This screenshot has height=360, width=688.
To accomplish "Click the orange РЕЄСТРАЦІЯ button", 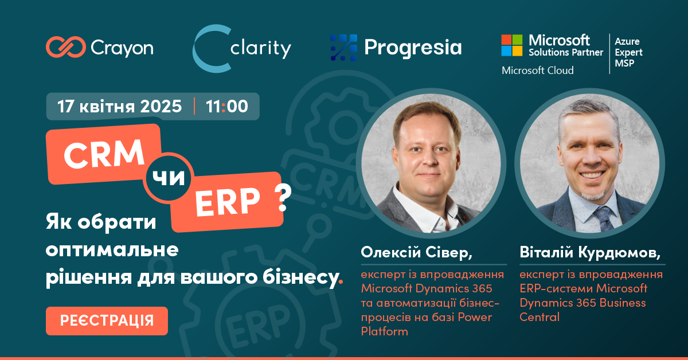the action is click(x=107, y=320).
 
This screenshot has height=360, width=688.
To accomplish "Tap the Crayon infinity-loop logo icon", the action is click(x=66, y=47).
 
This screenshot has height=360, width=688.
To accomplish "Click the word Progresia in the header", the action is click(x=413, y=48).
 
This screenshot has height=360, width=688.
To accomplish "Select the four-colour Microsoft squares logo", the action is click(x=511, y=45).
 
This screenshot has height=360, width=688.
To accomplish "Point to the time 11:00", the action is click(x=226, y=106).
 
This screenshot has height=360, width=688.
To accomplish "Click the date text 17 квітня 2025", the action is click(x=119, y=106).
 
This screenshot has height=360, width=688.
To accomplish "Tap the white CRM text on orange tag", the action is click(x=104, y=154).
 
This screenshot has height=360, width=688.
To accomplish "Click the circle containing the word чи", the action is click(x=169, y=178).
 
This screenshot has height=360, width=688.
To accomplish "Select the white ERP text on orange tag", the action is click(x=228, y=202).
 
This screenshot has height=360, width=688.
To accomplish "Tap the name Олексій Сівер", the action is click(x=416, y=252).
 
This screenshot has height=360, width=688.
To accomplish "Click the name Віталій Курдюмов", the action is click(x=590, y=252).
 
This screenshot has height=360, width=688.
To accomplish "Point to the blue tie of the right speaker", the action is click(x=603, y=219).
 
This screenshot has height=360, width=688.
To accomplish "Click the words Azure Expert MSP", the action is click(x=628, y=52).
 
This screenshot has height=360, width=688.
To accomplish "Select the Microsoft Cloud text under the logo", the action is click(x=538, y=71).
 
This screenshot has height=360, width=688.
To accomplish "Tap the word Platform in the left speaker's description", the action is click(x=385, y=331).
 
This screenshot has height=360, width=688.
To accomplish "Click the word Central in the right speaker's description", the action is click(x=540, y=317).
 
